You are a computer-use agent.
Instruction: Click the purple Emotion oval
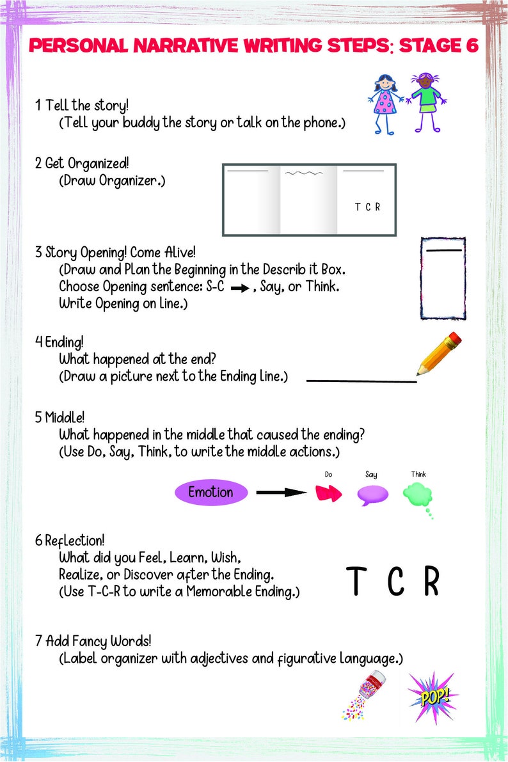pyautogui.click(x=211, y=492)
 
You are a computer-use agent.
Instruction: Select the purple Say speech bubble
pyautogui.click(x=372, y=494)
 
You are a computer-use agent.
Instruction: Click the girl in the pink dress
pyautogui.click(x=386, y=102)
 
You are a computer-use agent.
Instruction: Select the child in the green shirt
pyautogui.click(x=425, y=102)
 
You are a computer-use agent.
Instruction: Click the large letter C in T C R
pyautogui.click(x=396, y=582)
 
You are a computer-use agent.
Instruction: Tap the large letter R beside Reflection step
pyautogui.click(x=432, y=582)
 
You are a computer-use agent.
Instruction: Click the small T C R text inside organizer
pyautogui.click(x=367, y=207)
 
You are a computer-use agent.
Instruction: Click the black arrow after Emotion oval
pyautogui.click(x=282, y=492)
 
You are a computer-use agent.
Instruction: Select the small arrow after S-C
pyautogui.click(x=239, y=289)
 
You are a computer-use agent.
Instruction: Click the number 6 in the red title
pyautogui.click(x=472, y=46)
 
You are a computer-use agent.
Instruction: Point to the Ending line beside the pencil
pyautogui.click(x=361, y=381)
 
